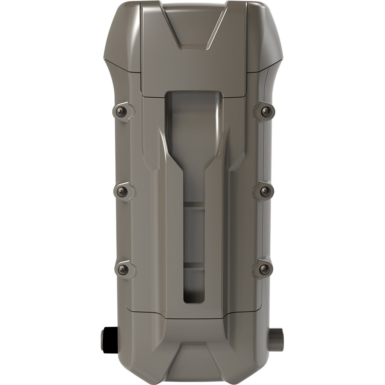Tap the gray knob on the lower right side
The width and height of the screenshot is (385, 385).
[x=277, y=333]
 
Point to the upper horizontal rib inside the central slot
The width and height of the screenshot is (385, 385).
[x=194, y=206]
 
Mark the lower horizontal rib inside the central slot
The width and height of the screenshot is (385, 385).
[x=194, y=265]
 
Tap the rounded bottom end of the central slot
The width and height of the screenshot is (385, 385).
[x=194, y=297]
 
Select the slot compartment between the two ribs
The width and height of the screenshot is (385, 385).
[x=194, y=235]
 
